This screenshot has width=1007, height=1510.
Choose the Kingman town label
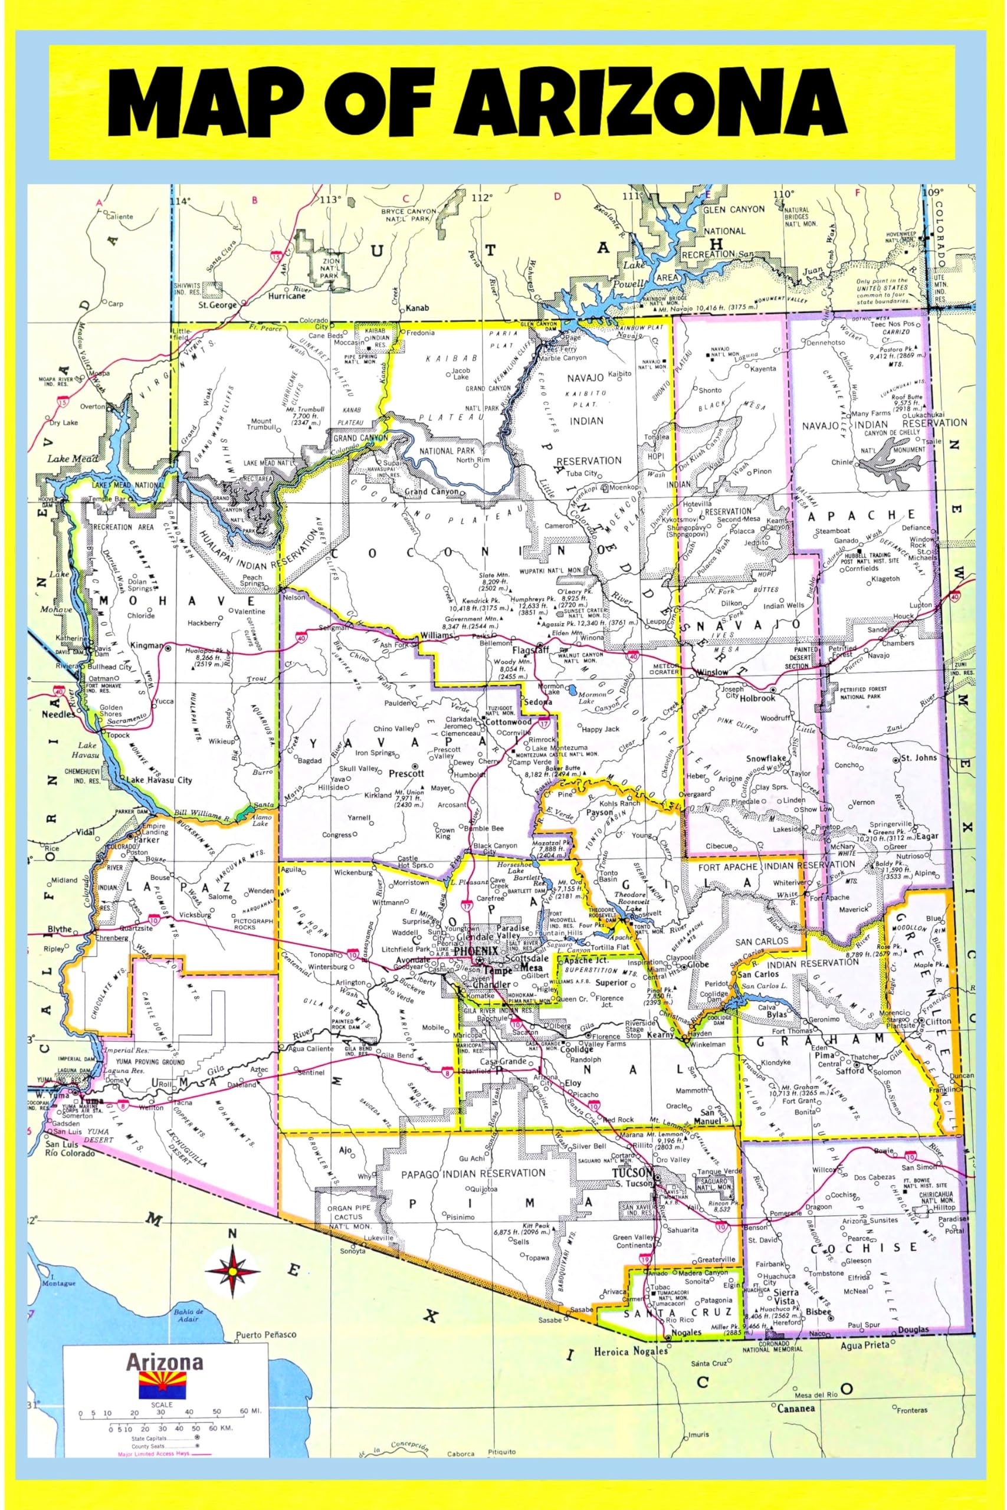click(146, 646)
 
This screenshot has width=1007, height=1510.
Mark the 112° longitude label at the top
click(481, 198)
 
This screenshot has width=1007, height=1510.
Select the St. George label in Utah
click(218, 306)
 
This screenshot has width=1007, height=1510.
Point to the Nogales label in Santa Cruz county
click(686, 1332)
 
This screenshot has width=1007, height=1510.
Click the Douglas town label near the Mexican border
click(913, 1330)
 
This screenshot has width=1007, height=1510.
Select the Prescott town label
click(406, 774)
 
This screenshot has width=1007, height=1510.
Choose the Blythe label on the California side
click(60, 930)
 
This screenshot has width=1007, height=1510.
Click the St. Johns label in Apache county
click(919, 758)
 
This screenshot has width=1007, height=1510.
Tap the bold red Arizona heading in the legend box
click(164, 1363)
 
